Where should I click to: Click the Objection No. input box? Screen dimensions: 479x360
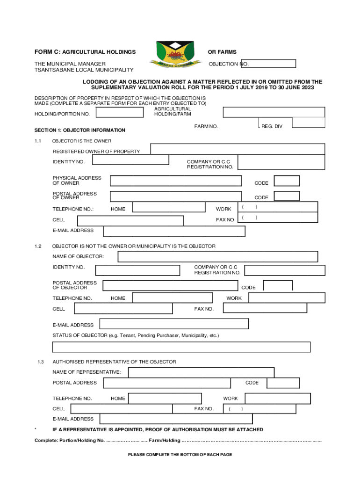pyautogui.click(x=268, y=64)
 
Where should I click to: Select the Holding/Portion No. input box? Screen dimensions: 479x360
pyautogui.click(x=120, y=112)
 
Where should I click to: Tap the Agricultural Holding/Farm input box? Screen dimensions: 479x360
pyautogui.click(x=274, y=112)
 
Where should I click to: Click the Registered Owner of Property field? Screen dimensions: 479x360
pyautogui.click(x=237, y=149)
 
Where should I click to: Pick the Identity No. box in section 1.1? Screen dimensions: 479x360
pyautogui.click(x=130, y=160)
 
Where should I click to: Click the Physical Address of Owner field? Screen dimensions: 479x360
pyautogui.click(x=175, y=181)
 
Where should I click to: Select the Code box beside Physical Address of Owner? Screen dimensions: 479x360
pyautogui.click(x=287, y=181)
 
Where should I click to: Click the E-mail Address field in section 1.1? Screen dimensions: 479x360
pyautogui.click(x=174, y=231)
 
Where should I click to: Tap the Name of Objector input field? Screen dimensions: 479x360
pyautogui.click(x=217, y=256)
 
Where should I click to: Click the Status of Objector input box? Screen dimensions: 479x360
pyautogui.click(x=181, y=347)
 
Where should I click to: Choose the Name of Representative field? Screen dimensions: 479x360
pyautogui.click(x=201, y=372)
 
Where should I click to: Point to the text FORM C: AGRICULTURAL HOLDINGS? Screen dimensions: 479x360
pyautogui.click(x=85, y=52)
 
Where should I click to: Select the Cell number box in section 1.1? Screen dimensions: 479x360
pyautogui.click(x=130, y=220)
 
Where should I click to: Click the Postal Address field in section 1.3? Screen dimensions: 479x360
pyautogui.click(x=167, y=383)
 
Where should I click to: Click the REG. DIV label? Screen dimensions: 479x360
pyautogui.click(x=272, y=126)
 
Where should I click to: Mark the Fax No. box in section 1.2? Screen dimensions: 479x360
pyautogui.click(x=265, y=308)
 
